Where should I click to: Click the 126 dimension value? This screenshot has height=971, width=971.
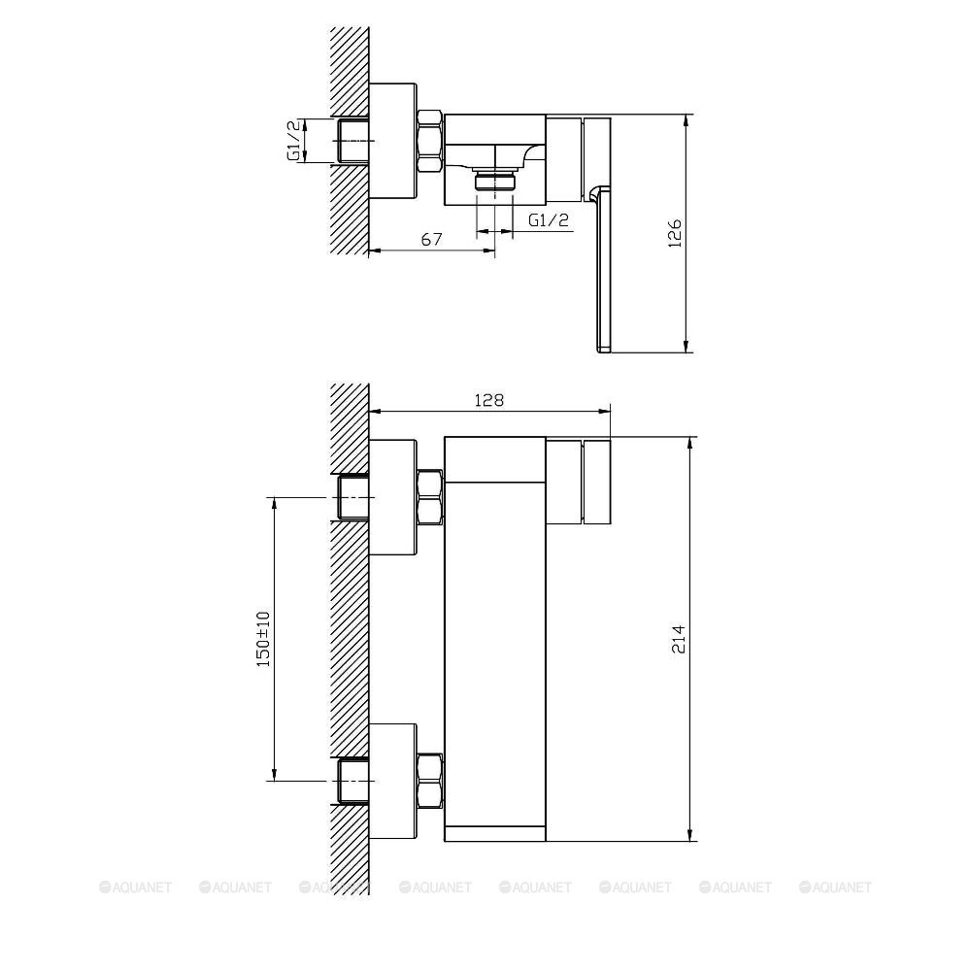[677, 233]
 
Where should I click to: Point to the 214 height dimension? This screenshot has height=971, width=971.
[678, 638]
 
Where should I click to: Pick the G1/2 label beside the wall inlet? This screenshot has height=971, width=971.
[292, 140]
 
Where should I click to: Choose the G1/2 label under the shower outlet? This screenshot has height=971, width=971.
[549, 219]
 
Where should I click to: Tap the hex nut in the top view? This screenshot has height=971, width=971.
[429, 142]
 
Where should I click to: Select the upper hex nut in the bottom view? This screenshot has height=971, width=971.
[429, 497]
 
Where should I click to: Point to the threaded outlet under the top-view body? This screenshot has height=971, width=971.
[494, 182]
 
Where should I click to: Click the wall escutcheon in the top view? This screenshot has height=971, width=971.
[394, 142]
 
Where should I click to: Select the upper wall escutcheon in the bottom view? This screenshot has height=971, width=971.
[394, 497]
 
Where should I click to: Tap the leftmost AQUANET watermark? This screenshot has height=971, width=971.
[135, 887]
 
